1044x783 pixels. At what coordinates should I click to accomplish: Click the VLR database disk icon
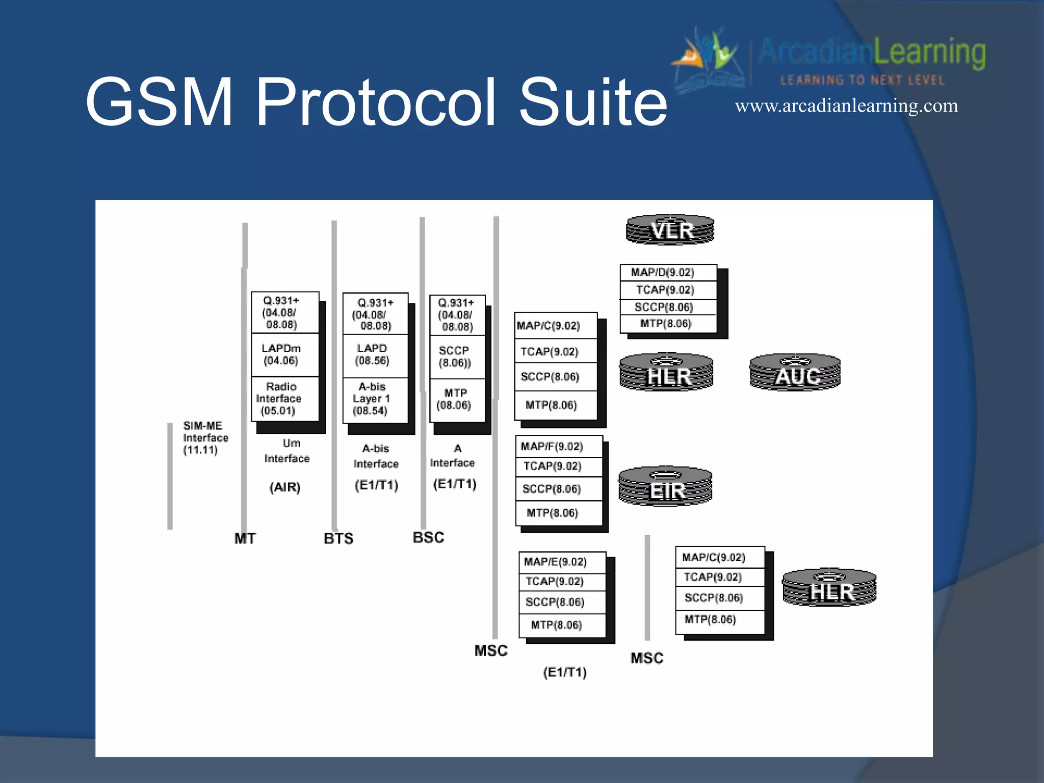[670, 230]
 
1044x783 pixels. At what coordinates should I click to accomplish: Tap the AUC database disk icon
[795, 373]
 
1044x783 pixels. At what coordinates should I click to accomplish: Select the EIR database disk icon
[665, 486]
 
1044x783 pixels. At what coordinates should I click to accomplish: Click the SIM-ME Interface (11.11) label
[205, 438]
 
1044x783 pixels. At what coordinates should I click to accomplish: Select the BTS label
[338, 538]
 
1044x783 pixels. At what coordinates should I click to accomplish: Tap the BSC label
[428, 537]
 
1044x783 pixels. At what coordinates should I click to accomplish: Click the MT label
[245, 538]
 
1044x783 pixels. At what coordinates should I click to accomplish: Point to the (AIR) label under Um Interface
[285, 487]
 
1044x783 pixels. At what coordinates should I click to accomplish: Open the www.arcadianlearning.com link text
[846, 106]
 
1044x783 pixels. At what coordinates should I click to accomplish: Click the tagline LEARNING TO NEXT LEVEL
[863, 80]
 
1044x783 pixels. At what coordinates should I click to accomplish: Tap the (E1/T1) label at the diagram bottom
[565, 672]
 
